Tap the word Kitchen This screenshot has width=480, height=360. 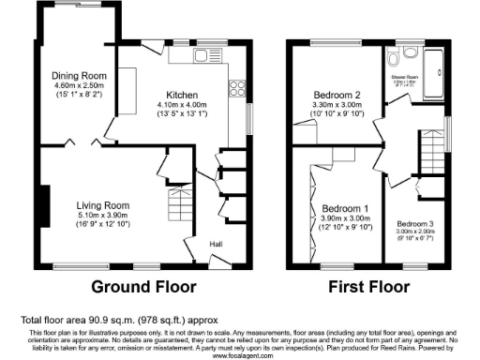click(x=182, y=95)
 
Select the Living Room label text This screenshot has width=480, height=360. click(x=102, y=204)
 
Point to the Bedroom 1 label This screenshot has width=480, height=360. click(x=345, y=207)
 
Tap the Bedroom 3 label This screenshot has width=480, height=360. click(x=415, y=224)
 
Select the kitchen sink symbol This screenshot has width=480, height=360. click(x=204, y=57)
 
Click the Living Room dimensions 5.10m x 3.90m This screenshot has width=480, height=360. click(x=102, y=215)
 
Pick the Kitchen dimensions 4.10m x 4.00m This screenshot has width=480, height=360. click(x=182, y=105)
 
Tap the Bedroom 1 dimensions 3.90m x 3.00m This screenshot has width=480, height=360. click(x=345, y=217)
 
